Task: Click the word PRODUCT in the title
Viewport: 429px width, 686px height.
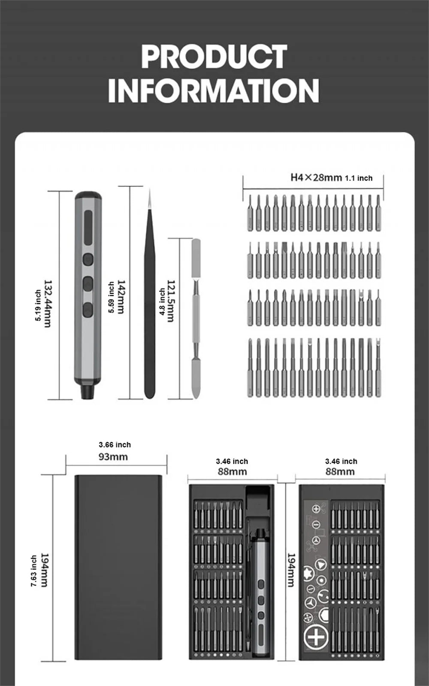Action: (x=214, y=57)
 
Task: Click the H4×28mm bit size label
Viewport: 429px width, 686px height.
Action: (x=316, y=177)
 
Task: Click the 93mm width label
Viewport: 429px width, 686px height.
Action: (x=113, y=457)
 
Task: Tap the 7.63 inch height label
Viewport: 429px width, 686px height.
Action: (x=33, y=571)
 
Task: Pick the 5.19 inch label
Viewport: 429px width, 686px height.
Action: (x=38, y=305)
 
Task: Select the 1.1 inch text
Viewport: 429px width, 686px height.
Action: (x=359, y=178)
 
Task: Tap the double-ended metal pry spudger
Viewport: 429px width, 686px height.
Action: (x=196, y=318)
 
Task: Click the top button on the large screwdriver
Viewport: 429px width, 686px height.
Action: (x=88, y=259)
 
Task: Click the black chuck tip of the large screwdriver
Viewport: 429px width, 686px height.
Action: (x=88, y=392)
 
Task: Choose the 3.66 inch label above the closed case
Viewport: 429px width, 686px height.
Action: (x=115, y=445)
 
